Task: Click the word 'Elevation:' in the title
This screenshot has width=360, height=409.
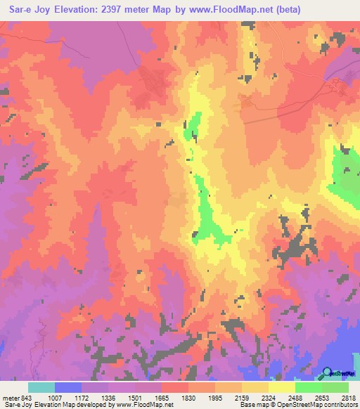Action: tap(84, 10)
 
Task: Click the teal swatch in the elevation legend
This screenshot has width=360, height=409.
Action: tap(41, 387)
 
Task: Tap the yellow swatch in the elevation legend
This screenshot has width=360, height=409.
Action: tap(281, 387)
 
